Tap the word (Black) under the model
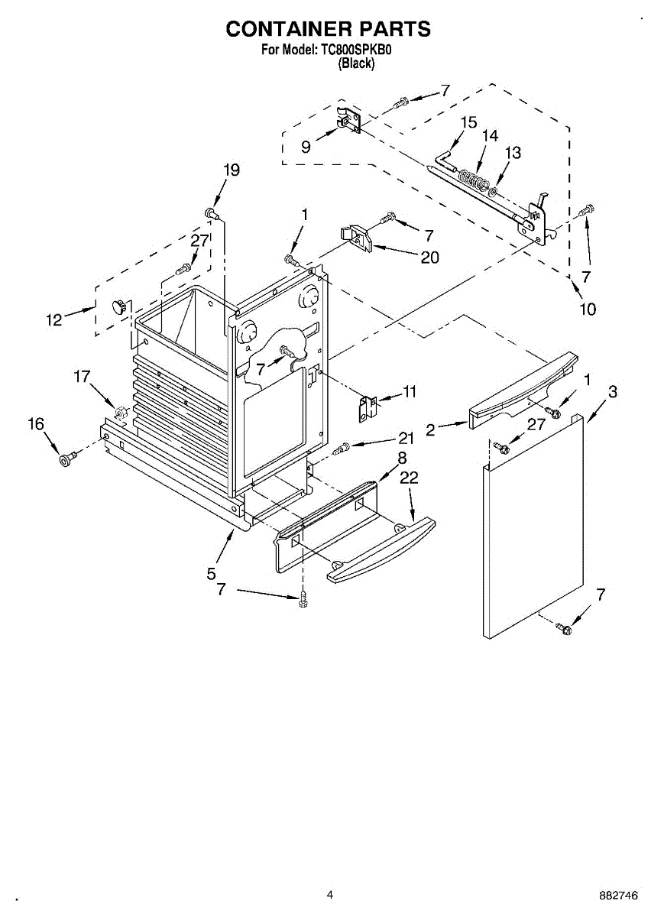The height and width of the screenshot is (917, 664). point(357,64)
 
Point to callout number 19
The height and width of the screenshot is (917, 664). point(231,170)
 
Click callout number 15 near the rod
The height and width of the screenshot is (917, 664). point(468,122)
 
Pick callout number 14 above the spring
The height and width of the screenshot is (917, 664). point(490,135)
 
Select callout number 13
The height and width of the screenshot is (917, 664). point(513,153)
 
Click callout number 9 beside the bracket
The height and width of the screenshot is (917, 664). point(306,147)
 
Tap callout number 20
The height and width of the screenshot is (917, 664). point(429,258)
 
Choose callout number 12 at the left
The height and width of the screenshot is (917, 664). point(53,320)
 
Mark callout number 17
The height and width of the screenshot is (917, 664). point(82,376)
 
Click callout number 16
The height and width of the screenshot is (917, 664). point(37,424)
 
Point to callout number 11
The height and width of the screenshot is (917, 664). point(410,392)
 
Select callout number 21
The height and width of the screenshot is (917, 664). point(406,438)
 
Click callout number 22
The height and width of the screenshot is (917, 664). point(410,478)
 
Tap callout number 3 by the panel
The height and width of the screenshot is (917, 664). point(613,392)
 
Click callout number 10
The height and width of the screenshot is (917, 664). point(588,309)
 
